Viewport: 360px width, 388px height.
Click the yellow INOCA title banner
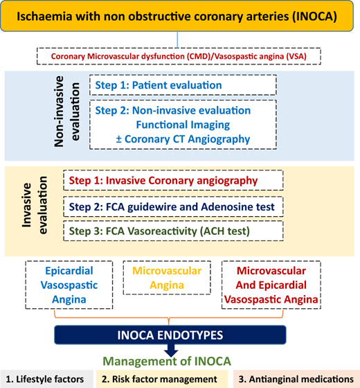click(x=177, y=16)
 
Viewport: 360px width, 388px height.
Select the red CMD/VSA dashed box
click(x=179, y=56)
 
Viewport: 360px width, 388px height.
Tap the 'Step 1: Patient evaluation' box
click(x=183, y=85)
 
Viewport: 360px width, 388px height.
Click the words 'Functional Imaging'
click(x=183, y=125)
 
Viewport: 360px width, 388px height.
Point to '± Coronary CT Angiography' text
click(x=183, y=139)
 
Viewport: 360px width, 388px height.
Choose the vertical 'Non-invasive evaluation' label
click(x=66, y=112)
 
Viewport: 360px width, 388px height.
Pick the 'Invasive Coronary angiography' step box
click(x=173, y=180)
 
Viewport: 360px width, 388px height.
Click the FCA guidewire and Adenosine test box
click(x=173, y=206)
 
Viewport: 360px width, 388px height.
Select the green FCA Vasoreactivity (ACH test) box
click(x=173, y=231)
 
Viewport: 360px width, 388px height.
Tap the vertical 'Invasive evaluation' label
click(x=34, y=205)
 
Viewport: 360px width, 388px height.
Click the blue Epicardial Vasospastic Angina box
click(x=69, y=285)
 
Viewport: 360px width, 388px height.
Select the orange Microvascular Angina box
click(x=167, y=278)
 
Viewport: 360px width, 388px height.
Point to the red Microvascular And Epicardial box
click(x=271, y=285)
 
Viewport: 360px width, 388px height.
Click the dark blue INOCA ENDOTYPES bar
click(x=170, y=335)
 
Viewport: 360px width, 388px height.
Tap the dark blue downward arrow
click(x=171, y=350)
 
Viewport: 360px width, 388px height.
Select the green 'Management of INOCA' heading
click(x=167, y=361)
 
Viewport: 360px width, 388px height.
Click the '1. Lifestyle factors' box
click(x=47, y=379)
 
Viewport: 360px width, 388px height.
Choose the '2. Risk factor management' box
click(x=162, y=379)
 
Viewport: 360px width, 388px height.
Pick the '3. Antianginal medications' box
click(x=296, y=379)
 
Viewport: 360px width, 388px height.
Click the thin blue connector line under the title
click(x=177, y=39)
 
